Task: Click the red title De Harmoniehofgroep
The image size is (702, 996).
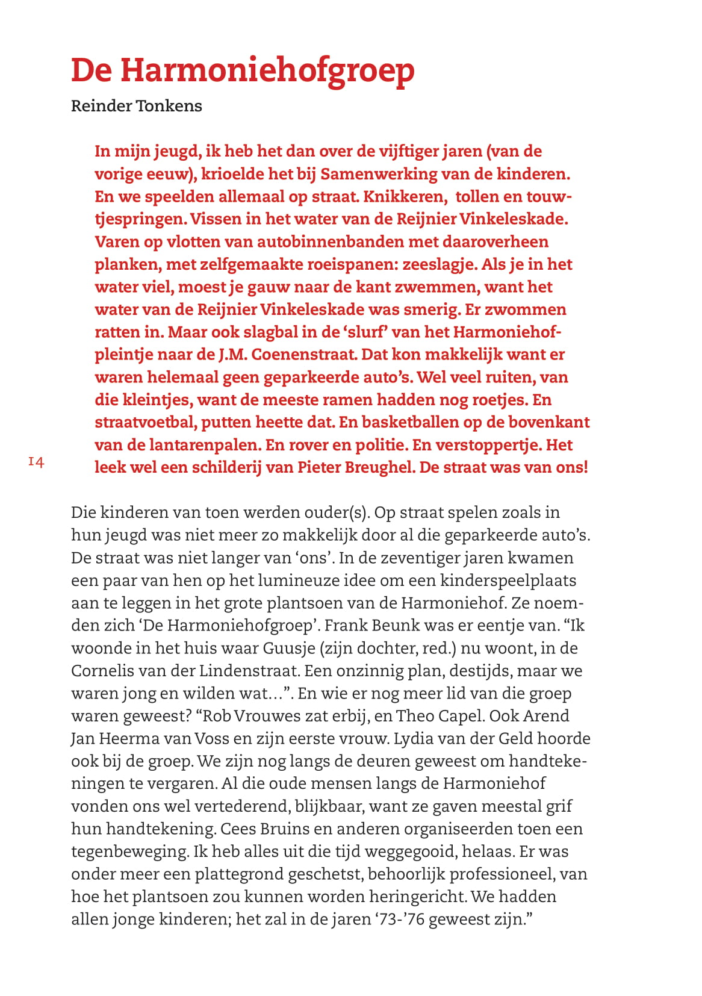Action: click(x=243, y=71)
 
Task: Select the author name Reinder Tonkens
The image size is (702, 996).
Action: click(x=137, y=106)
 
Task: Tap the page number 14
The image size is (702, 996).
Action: click(x=36, y=462)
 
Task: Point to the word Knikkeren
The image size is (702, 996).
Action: click(x=405, y=197)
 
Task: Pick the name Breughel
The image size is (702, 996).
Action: click(x=381, y=467)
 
